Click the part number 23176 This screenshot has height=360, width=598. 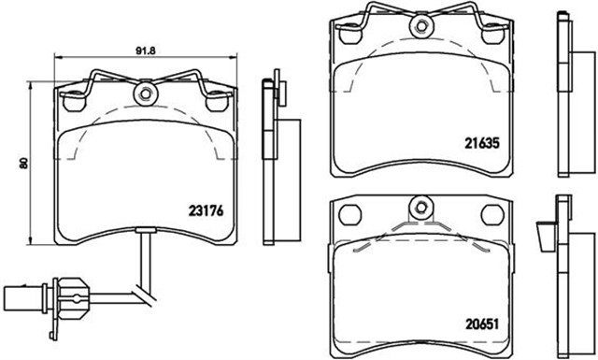206,210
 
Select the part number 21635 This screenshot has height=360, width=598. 482,143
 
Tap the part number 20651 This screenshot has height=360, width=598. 482,324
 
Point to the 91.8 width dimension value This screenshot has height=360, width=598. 146,50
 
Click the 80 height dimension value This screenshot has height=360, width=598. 23,163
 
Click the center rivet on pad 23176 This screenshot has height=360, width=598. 146,94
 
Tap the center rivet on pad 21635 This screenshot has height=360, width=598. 421,26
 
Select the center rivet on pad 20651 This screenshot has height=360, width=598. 421,208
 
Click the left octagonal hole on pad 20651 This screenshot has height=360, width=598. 350,214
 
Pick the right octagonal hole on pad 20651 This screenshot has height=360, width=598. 492,214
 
